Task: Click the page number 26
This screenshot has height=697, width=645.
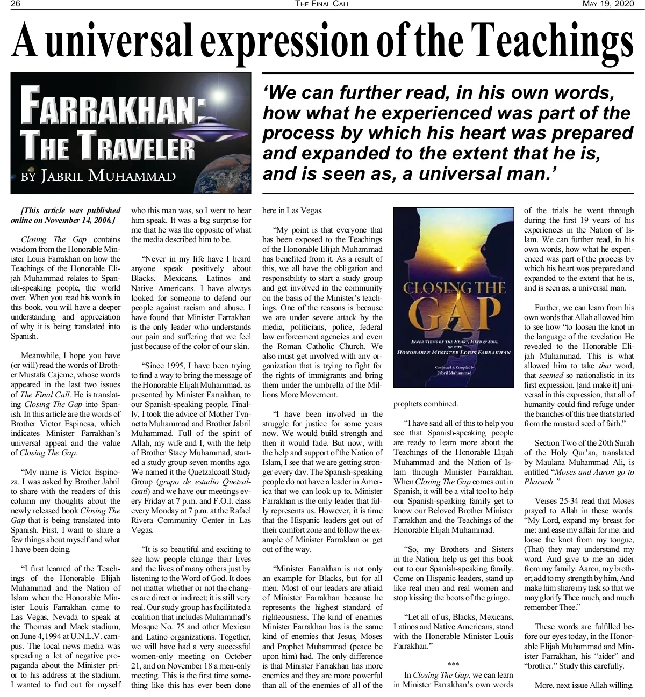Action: (x=15, y=4)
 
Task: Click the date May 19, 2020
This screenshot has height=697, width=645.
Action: (x=608, y=4)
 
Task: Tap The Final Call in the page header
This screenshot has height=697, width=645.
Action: (x=322, y=4)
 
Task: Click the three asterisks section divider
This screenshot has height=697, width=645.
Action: (x=453, y=665)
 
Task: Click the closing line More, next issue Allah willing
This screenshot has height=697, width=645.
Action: (x=584, y=685)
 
